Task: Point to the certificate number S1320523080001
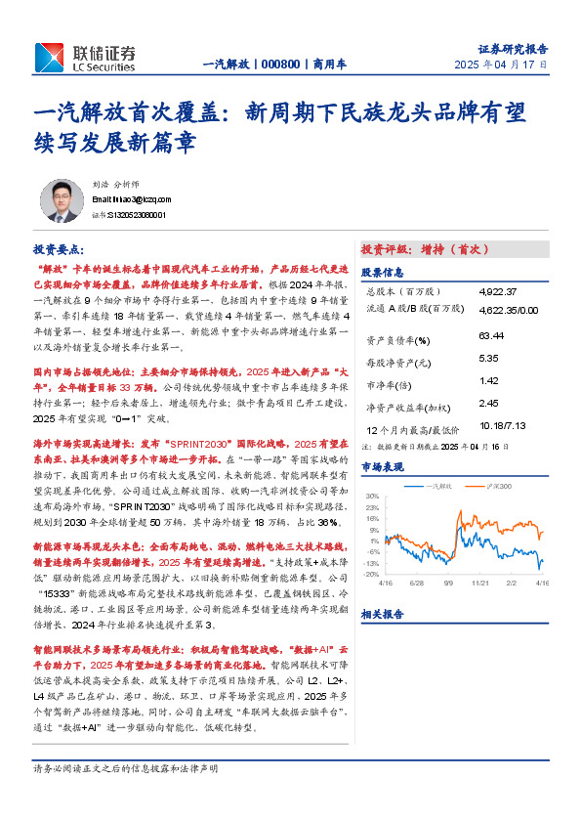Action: [x=135, y=214]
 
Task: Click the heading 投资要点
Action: [x=59, y=249]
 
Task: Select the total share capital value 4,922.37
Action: [x=505, y=291]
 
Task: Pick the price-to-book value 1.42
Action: [x=489, y=380]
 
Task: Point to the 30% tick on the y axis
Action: [x=371, y=496]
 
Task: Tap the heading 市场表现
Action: [x=381, y=468]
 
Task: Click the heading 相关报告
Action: [x=381, y=614]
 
